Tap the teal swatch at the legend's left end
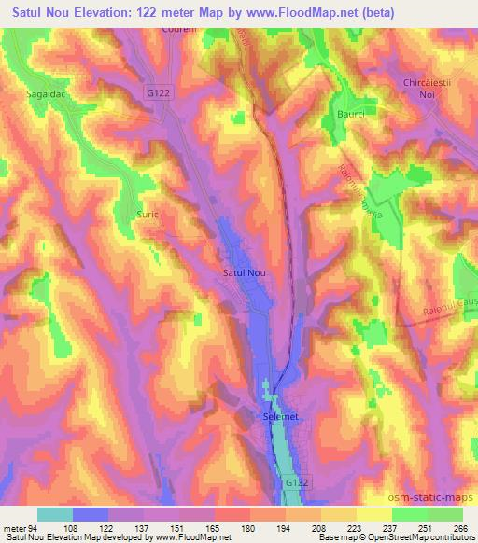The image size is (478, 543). click(x=55, y=514)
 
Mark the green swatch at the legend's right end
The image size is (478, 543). click(x=445, y=514)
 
